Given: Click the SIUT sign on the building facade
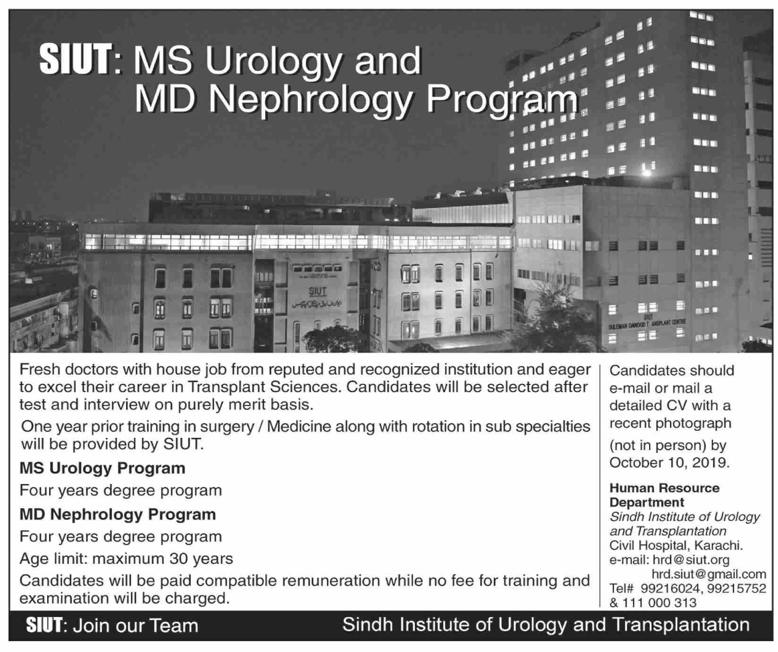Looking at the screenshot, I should click(317, 291).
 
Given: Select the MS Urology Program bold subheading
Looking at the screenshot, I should click(102, 468).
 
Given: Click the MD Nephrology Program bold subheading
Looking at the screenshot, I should click(118, 514).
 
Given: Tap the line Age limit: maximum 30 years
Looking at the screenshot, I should click(126, 559).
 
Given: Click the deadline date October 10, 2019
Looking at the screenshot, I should click(669, 462).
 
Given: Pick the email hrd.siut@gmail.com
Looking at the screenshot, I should click(709, 574).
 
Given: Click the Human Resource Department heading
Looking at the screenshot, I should click(664, 494).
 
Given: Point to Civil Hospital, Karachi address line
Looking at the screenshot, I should click(676, 546).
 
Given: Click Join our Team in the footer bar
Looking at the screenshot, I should click(135, 626).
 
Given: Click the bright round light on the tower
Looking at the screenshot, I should click(647, 173).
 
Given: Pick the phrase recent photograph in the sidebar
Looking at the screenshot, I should click(670, 423).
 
